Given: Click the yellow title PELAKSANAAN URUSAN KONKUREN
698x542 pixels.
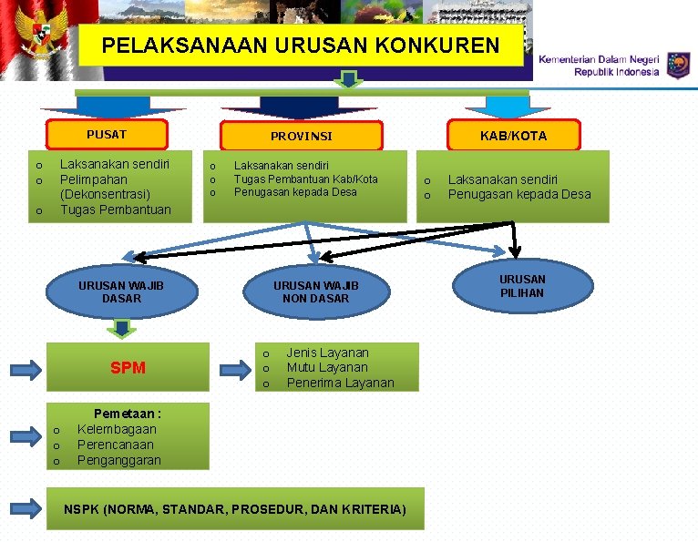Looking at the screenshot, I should tap(301, 45).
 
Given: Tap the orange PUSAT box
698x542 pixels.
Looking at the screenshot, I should tap(107, 135).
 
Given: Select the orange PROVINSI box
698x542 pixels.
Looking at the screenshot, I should tap(302, 137).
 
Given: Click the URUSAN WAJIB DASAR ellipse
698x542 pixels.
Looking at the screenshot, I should tap(122, 291).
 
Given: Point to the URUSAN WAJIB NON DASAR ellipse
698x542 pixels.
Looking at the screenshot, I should tap(315, 291).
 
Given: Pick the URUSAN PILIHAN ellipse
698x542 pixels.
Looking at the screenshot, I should tap(522, 286).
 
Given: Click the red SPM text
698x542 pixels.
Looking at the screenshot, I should tap(128, 368).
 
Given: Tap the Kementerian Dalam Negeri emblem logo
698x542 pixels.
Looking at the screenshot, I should tap(678, 65).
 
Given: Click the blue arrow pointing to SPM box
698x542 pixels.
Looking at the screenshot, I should tap(26, 369).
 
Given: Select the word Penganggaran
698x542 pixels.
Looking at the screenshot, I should tap(118, 460).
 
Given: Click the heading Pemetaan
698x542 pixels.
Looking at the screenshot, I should tap(128, 414).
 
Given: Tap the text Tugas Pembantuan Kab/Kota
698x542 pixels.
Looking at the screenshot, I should tap(305, 179).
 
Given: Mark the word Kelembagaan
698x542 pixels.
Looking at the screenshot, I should tap(117, 429).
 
